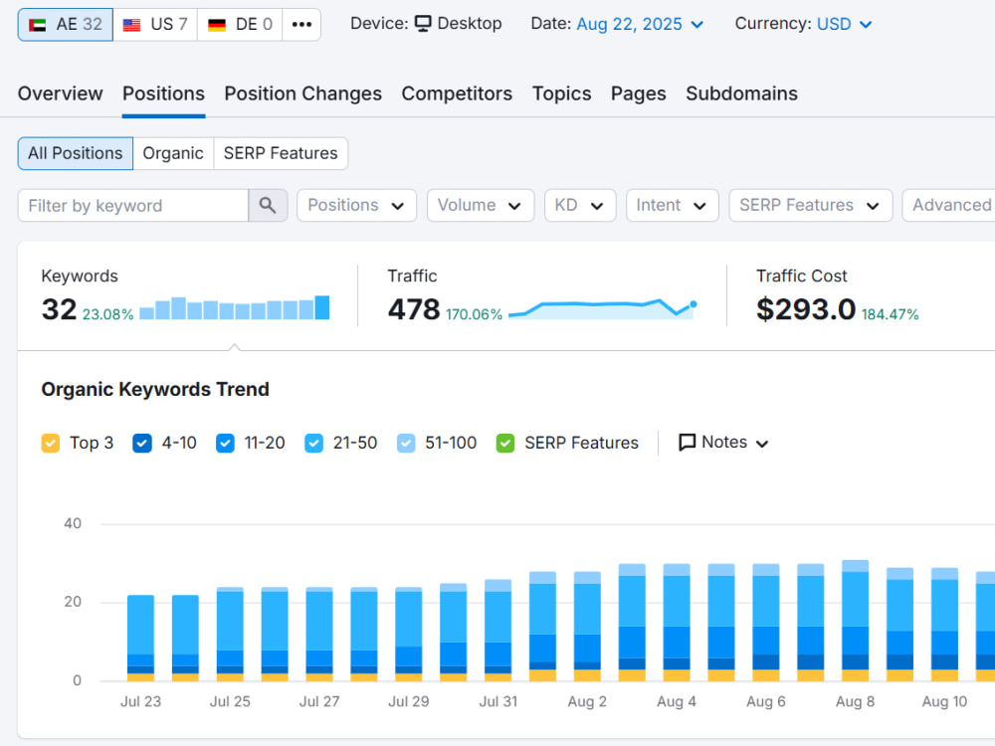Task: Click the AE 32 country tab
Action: [x=66, y=25]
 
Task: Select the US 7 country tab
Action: [x=155, y=25]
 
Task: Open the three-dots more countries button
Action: [x=301, y=25]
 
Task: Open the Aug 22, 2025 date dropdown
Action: [x=640, y=24]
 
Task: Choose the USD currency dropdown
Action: [x=844, y=24]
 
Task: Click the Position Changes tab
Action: [x=302, y=93]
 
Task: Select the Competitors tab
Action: [x=457, y=93]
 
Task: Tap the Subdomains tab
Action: [x=741, y=93]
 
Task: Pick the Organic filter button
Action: [x=173, y=153]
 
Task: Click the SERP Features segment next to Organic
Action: [x=281, y=153]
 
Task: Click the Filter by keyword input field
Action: [x=133, y=206]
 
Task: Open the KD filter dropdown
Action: [x=580, y=206]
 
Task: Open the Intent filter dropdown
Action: [x=672, y=206]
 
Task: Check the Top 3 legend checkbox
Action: [x=50, y=443]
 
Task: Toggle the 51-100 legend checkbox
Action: [x=406, y=443]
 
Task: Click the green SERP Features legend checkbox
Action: [x=505, y=443]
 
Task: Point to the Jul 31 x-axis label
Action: [x=498, y=701]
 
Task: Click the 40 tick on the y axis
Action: [x=73, y=523]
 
